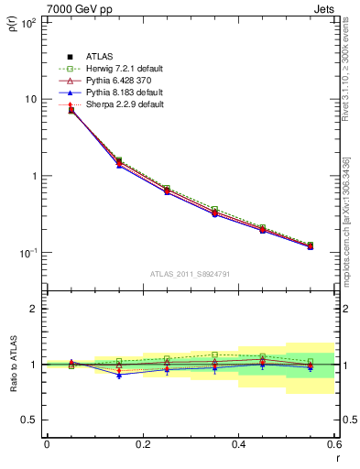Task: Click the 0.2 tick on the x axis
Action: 142,444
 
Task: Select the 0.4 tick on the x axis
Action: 238,444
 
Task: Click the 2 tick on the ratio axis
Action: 34,310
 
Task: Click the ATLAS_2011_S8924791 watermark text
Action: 190,273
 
